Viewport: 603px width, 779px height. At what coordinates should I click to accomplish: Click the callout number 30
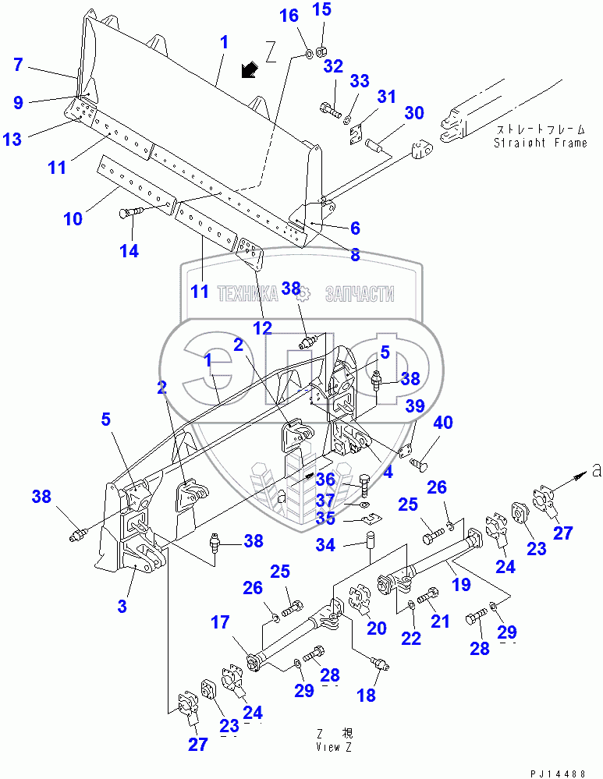[x=413, y=113]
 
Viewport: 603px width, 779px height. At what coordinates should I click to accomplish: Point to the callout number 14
[x=129, y=250]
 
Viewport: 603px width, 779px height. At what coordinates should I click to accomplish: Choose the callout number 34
[x=328, y=545]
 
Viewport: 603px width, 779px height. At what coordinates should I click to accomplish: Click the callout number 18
[x=366, y=695]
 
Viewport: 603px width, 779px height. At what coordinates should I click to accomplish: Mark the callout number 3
[x=121, y=607]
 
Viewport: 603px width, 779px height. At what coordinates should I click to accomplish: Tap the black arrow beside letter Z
[x=250, y=71]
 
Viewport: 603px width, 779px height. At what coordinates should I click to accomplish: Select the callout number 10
[x=73, y=219]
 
